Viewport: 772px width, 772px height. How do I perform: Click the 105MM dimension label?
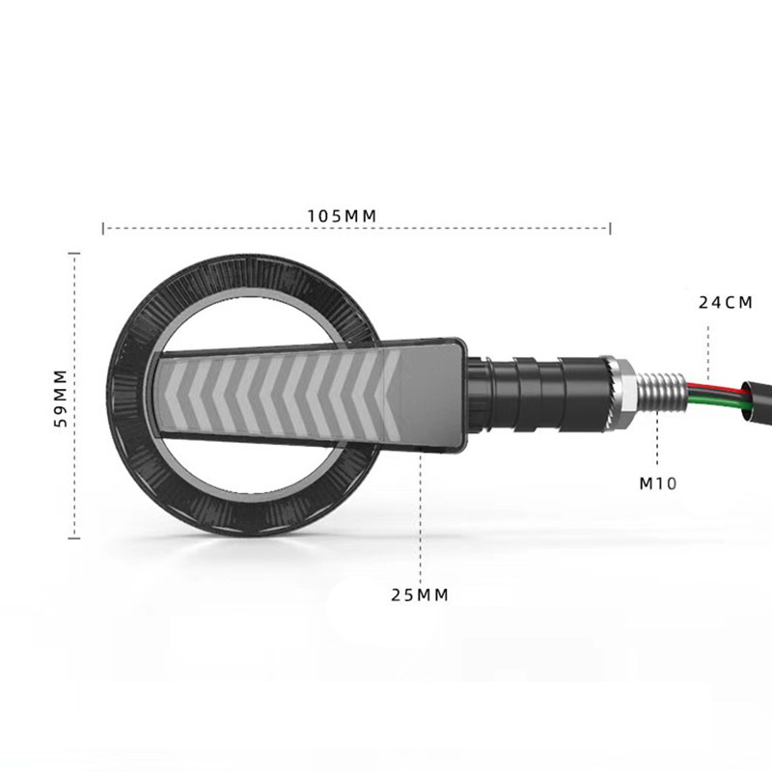click(x=342, y=216)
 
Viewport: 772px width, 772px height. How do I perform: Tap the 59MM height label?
click(x=60, y=398)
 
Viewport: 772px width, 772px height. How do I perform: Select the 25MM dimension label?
click(x=420, y=594)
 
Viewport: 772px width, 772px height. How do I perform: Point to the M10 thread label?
click(x=658, y=483)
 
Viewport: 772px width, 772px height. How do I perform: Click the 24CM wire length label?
click(x=726, y=302)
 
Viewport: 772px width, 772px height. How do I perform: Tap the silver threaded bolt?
click(x=661, y=392)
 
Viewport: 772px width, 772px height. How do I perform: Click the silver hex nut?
click(x=620, y=392)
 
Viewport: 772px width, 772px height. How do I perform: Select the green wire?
click(x=719, y=400)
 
